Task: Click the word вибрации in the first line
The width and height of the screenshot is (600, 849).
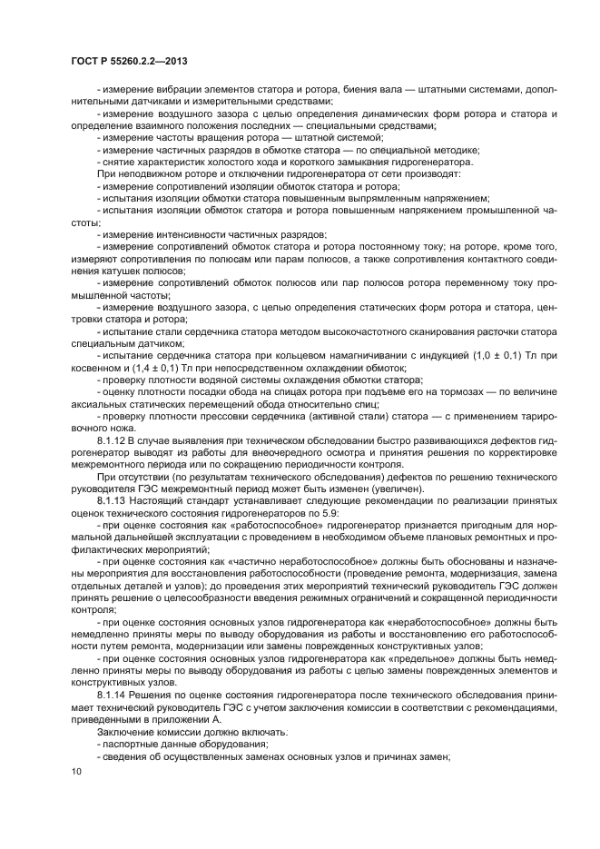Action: pyautogui.click(x=169, y=89)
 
